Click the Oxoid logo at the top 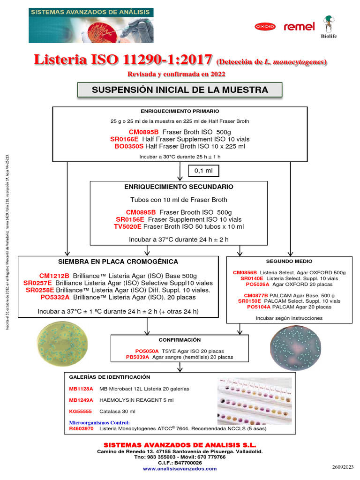(265, 27)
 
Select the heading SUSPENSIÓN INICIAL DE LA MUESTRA (180, 90)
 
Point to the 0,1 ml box (203, 171)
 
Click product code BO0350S (129, 146)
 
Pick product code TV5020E (127, 226)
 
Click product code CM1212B (54, 276)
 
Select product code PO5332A (55, 297)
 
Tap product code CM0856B (245, 272)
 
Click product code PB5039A (138, 357)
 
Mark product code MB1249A (81, 400)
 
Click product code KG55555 (81, 411)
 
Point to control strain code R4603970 (82, 428)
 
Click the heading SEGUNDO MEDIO (289, 261)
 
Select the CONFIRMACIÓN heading (180, 340)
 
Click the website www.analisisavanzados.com (180, 468)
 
